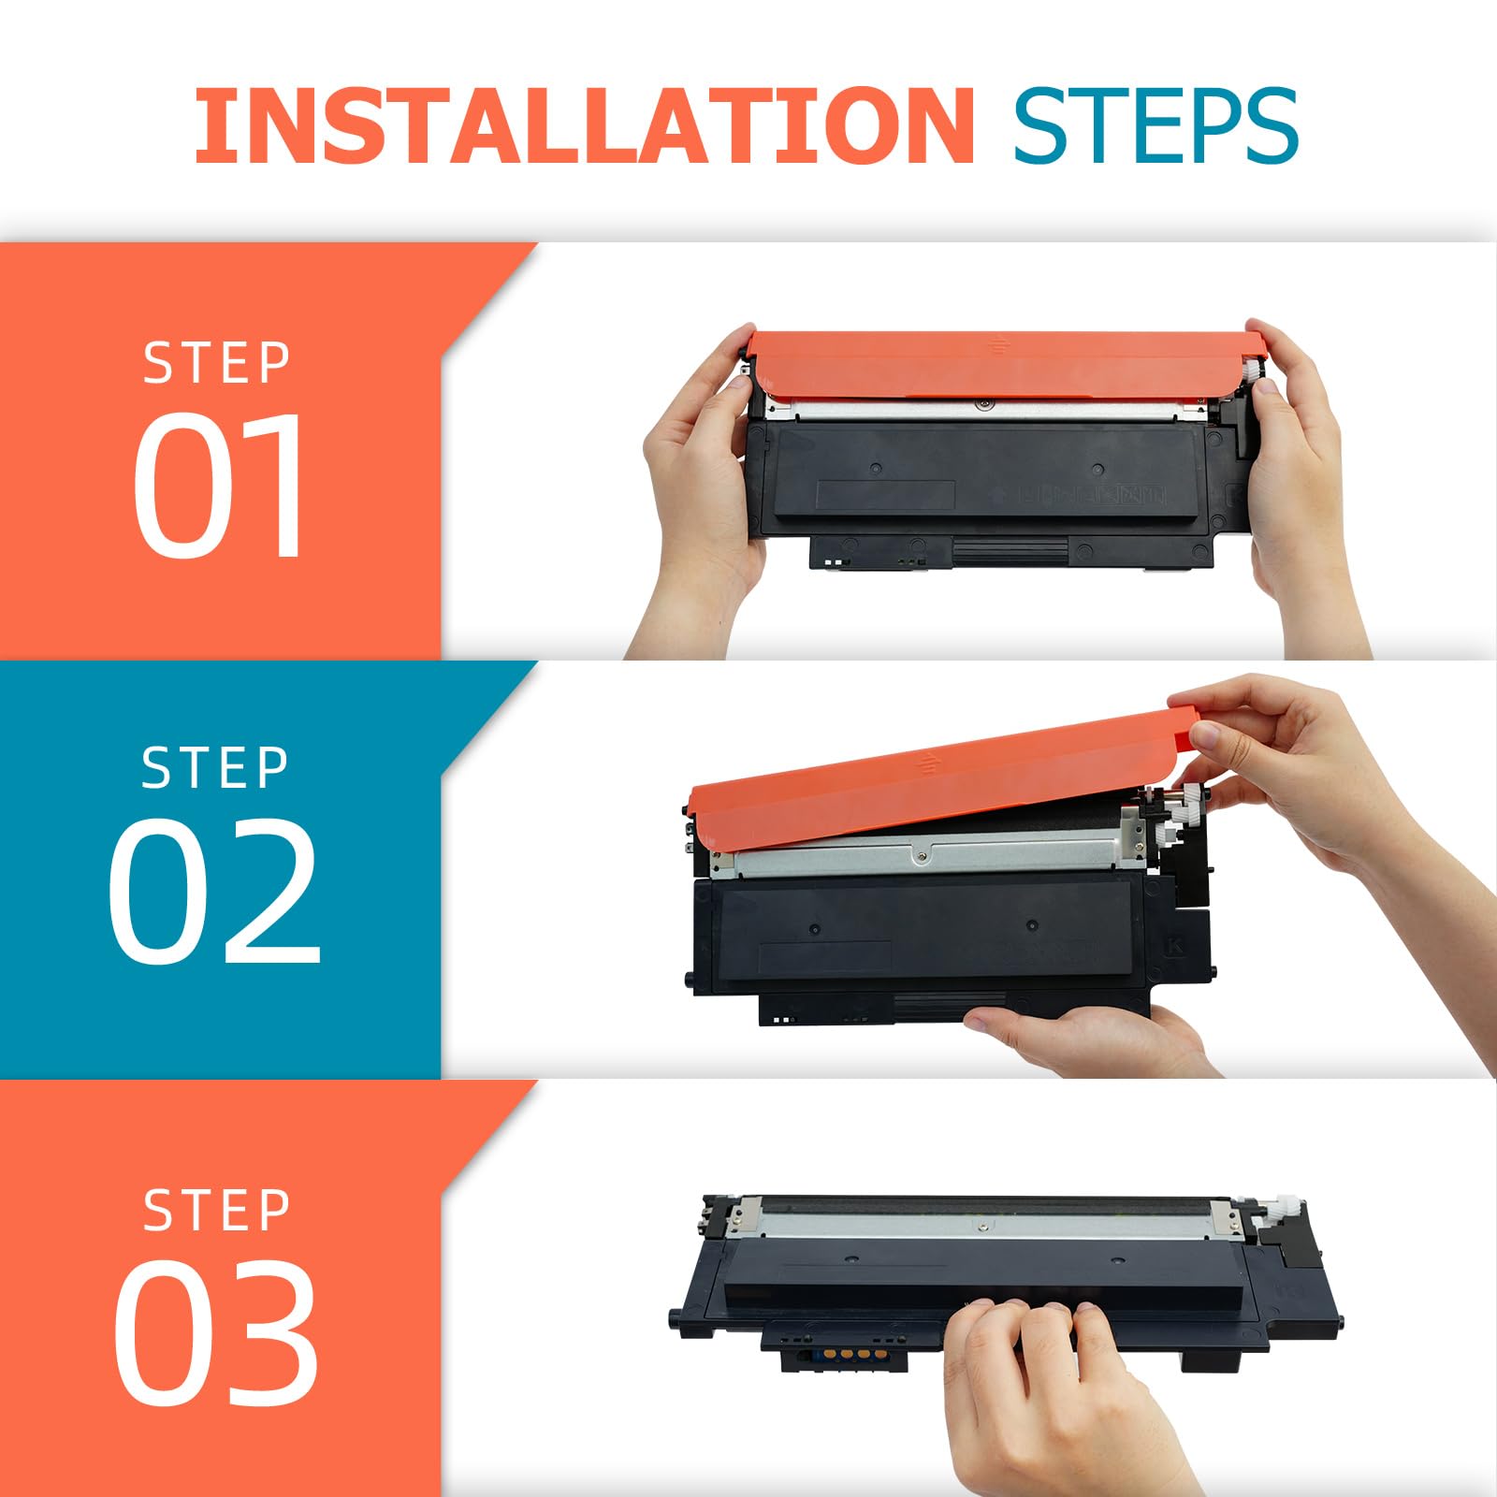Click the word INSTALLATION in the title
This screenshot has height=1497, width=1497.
(585, 125)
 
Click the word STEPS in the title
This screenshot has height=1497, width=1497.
(1156, 125)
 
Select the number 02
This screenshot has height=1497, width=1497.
(214, 890)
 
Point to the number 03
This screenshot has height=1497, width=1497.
(216, 1331)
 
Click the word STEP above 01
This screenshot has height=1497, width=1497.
(217, 363)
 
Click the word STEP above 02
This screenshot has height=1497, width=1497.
(215, 768)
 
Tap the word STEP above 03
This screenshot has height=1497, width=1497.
(217, 1211)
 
